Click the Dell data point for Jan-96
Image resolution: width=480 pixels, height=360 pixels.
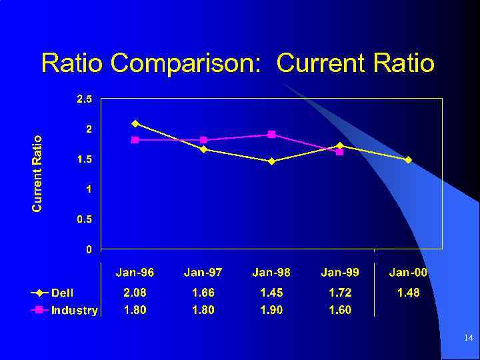[x=135, y=123]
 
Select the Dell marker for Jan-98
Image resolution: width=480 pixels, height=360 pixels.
[x=271, y=161]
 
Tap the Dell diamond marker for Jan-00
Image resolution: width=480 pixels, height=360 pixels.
[x=408, y=159]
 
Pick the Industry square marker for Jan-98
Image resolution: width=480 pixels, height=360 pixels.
[x=271, y=134]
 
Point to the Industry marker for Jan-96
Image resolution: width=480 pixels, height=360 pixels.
[x=135, y=140]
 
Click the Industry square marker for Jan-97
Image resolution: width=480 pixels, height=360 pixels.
[x=203, y=140]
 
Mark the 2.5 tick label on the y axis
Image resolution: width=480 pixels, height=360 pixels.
[x=84, y=99]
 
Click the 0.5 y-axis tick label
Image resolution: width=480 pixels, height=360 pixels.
[x=84, y=219]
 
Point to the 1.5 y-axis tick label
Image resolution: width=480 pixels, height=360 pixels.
[x=84, y=159]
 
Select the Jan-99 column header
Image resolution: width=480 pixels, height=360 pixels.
[x=340, y=272]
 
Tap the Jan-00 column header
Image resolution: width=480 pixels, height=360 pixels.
[x=408, y=272]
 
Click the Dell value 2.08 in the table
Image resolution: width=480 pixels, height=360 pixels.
[x=135, y=293]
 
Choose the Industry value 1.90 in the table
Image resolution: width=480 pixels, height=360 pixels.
[x=271, y=310]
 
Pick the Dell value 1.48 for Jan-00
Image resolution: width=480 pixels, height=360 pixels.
[x=408, y=293]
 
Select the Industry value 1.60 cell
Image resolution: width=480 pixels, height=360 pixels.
[x=340, y=310]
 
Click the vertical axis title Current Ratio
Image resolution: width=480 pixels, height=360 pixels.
[x=37, y=173]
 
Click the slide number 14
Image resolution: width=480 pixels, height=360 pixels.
[x=468, y=339]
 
